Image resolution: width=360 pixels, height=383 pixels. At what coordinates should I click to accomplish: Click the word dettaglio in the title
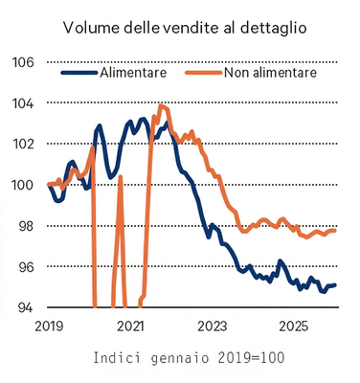(x=272, y=28)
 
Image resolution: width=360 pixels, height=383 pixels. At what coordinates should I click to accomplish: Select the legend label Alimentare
(x=133, y=72)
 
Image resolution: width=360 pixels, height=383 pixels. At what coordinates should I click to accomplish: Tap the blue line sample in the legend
(x=79, y=72)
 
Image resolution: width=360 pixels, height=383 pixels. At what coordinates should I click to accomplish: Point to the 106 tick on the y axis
(x=22, y=62)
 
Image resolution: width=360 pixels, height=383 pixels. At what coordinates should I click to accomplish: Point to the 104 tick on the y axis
(x=22, y=103)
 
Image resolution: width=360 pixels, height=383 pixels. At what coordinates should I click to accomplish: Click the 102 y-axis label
(x=22, y=145)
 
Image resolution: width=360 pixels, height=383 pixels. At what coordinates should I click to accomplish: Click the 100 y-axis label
(x=22, y=185)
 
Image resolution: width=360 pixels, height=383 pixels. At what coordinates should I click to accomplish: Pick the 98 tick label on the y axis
(x=25, y=226)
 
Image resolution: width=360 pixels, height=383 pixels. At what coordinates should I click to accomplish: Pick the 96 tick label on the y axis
(x=25, y=267)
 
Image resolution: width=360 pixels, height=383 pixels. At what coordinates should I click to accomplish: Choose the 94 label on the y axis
(x=25, y=308)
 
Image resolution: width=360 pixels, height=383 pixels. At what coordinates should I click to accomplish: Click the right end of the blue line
(x=335, y=285)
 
